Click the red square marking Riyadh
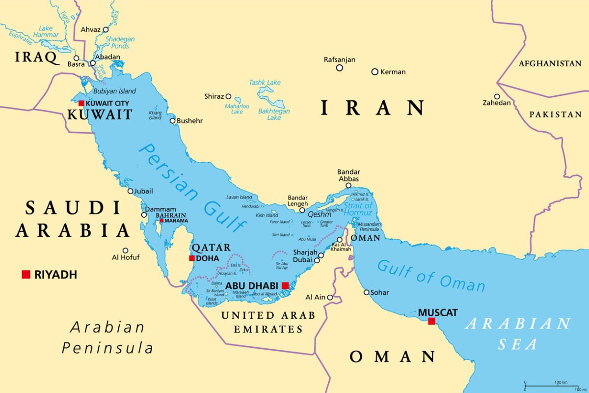[x=26, y=274]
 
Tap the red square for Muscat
[x=431, y=321]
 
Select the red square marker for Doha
[x=191, y=258]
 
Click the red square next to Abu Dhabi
[x=285, y=285]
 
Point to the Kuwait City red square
[x=81, y=103]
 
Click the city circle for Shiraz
[x=228, y=96]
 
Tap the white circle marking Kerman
[x=375, y=72]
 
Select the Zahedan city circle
[x=497, y=96]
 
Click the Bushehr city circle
[x=173, y=121]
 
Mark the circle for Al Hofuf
[x=125, y=250]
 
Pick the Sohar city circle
[x=366, y=292]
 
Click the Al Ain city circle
[x=330, y=297]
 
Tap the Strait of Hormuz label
[x=358, y=209]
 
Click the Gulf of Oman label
[x=431, y=276]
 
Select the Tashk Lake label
[x=265, y=83]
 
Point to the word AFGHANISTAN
[x=550, y=64]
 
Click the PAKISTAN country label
[x=555, y=114]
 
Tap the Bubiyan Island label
[x=114, y=91]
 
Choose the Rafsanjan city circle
[x=339, y=68]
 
